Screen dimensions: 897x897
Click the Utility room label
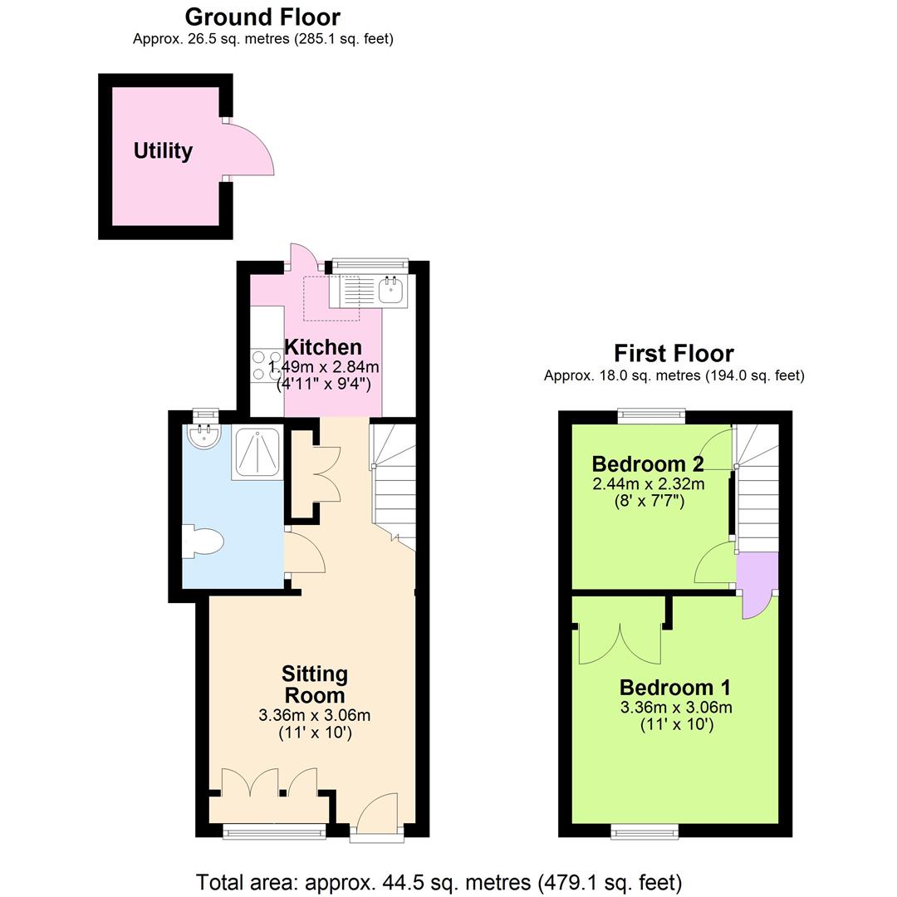coord(163,151)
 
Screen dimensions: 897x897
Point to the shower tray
coord(257,453)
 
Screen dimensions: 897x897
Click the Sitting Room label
coord(314,684)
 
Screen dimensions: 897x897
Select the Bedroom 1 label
coord(675,688)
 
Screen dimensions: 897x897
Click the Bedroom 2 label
coord(648,463)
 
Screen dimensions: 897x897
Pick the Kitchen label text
coord(323,347)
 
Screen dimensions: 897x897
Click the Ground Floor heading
coord(262,17)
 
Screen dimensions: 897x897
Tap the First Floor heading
coord(674,354)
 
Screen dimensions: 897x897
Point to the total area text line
coord(439,881)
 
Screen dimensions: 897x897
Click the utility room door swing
coord(250,150)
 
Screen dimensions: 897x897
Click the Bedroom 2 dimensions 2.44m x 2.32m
coord(648,484)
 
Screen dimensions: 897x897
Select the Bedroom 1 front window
coord(645,830)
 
